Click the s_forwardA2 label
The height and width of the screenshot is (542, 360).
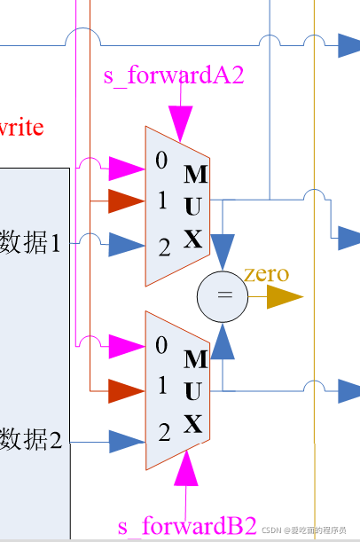[x=173, y=75]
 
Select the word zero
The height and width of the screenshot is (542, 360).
[x=265, y=273]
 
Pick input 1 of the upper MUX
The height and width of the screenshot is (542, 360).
[x=162, y=201]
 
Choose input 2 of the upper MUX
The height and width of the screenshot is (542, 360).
[x=163, y=247]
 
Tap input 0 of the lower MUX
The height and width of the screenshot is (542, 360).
[x=161, y=346]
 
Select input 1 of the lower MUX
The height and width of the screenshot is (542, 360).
[x=161, y=386]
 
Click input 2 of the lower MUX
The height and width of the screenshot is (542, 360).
[x=163, y=433]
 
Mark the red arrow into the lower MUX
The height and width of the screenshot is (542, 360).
[x=125, y=390]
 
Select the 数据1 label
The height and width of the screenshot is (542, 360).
[x=31, y=241]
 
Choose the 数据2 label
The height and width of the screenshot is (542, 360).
[x=31, y=438]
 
